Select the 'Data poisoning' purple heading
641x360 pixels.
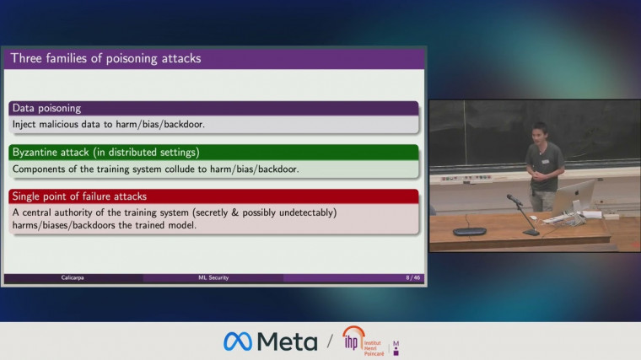[46, 108]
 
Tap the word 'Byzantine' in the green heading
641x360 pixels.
[38, 153]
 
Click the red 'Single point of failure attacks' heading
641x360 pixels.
[79, 196]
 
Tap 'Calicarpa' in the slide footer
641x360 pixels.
[72, 277]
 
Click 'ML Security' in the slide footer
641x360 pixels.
[207, 277]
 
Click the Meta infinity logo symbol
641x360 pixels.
[238, 341]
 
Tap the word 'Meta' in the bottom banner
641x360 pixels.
[287, 341]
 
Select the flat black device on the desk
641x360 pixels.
[469, 231]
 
